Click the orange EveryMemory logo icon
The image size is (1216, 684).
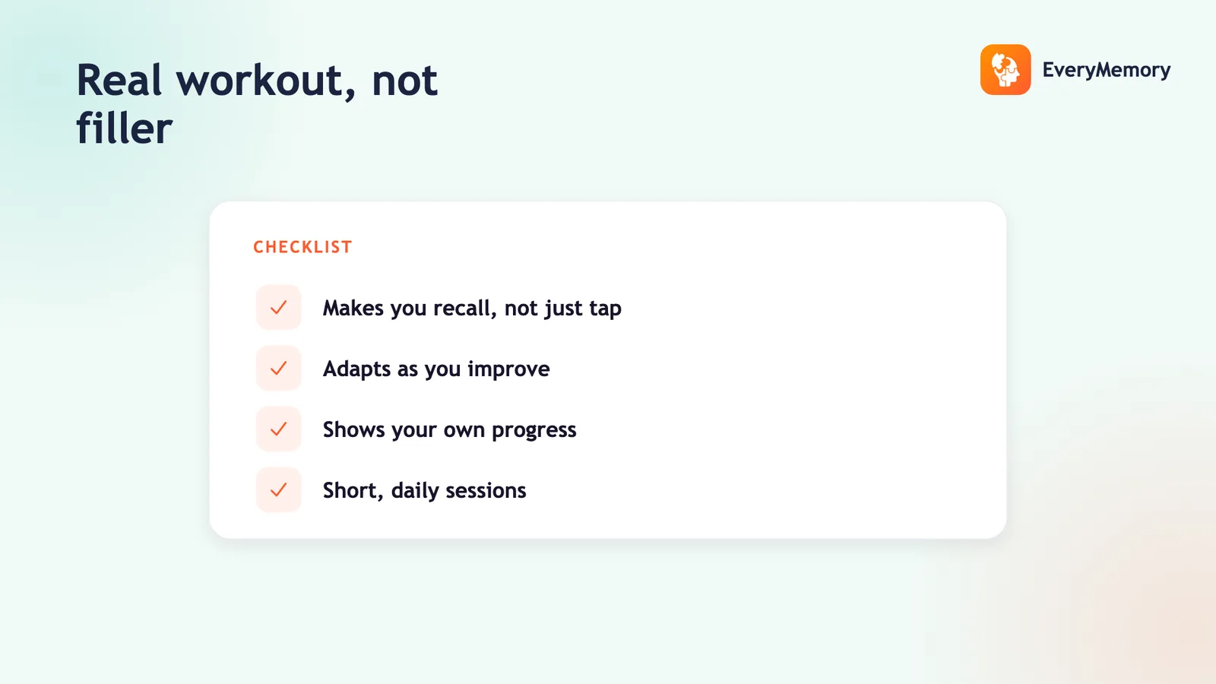point(1005,69)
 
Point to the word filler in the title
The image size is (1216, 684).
point(125,128)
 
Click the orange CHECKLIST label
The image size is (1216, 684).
point(303,247)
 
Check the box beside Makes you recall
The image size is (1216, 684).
point(278,307)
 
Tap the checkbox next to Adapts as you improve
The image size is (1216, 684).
point(278,368)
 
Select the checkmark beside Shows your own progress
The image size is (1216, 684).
point(278,429)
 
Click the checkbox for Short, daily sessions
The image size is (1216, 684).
point(278,489)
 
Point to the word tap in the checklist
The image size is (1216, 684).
point(605,309)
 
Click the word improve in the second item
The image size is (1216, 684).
point(508,369)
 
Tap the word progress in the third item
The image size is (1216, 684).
point(534,430)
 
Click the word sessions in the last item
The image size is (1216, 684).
point(486,490)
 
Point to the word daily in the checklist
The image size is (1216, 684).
point(413,491)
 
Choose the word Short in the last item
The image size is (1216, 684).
point(351,490)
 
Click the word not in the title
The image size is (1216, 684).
point(404,81)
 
